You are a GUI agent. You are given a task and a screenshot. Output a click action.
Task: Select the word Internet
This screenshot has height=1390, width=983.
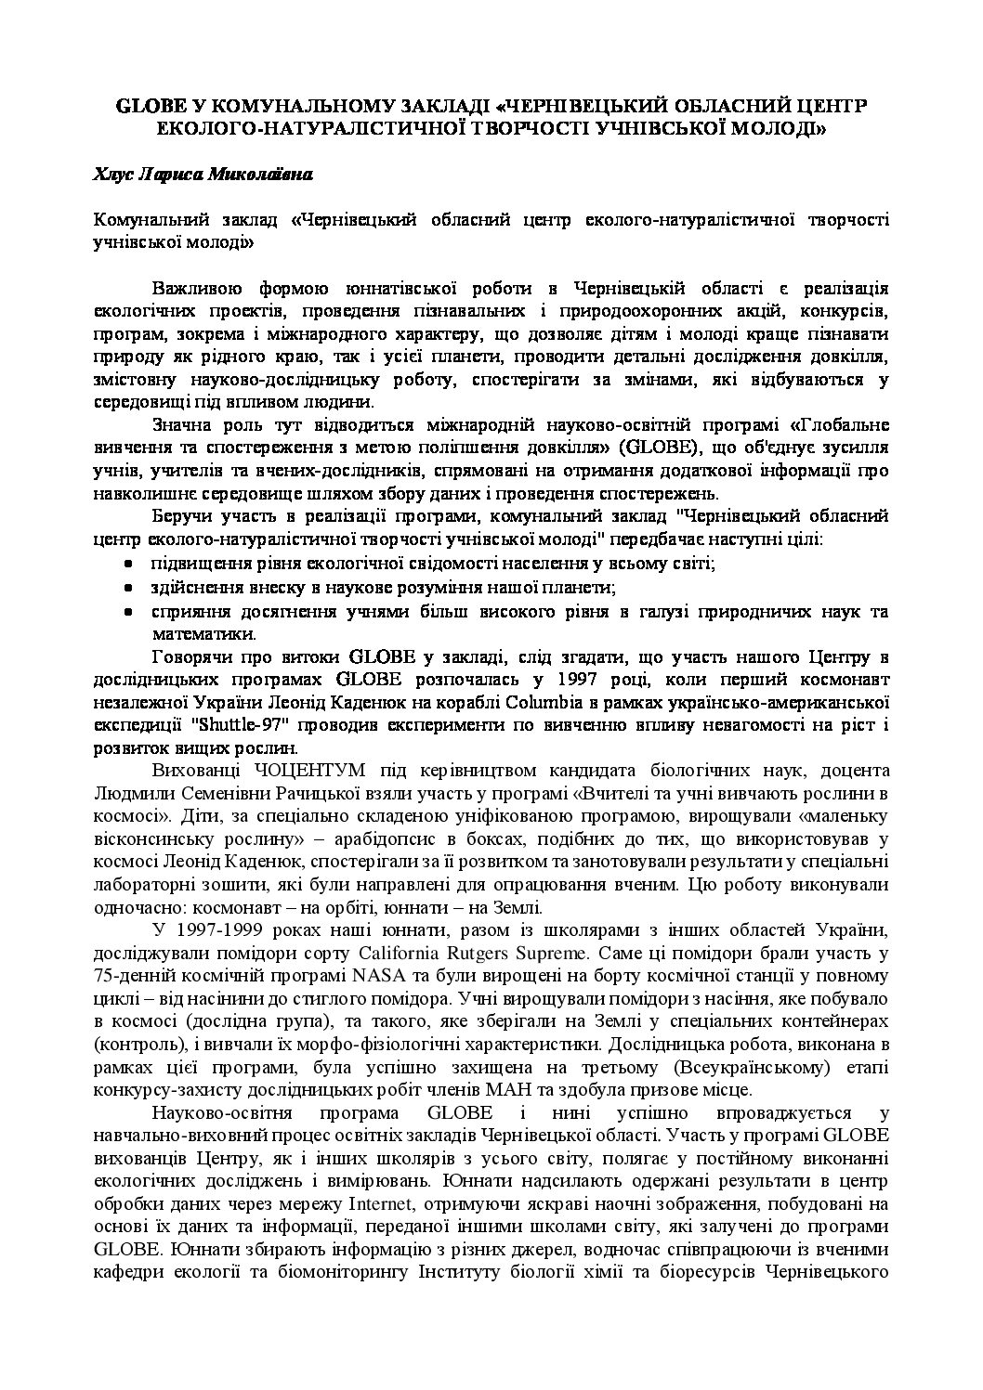[383, 1204]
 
